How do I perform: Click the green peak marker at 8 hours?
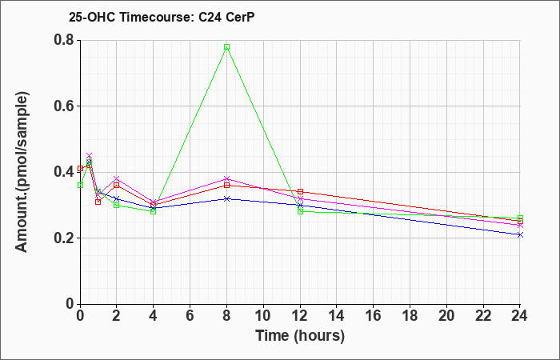click(226, 46)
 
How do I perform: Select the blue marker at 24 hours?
click(520, 234)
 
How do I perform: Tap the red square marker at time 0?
click(80, 168)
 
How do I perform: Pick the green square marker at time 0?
click(80, 185)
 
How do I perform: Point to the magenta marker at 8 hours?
click(226, 178)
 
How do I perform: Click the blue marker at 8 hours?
click(226, 198)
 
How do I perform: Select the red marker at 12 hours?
click(300, 192)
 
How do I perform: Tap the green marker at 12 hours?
click(300, 211)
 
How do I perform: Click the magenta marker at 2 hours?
click(116, 178)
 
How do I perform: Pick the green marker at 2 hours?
click(116, 205)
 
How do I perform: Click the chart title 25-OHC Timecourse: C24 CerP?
click(162, 17)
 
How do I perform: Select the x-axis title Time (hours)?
click(300, 336)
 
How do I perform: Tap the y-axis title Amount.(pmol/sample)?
click(22, 172)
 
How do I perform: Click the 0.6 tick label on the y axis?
click(66, 106)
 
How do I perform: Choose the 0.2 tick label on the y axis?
click(66, 238)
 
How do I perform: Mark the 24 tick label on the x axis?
click(520, 316)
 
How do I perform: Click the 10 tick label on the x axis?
click(263, 316)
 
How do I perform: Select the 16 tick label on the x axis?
click(374, 316)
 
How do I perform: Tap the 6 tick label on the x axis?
click(190, 316)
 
